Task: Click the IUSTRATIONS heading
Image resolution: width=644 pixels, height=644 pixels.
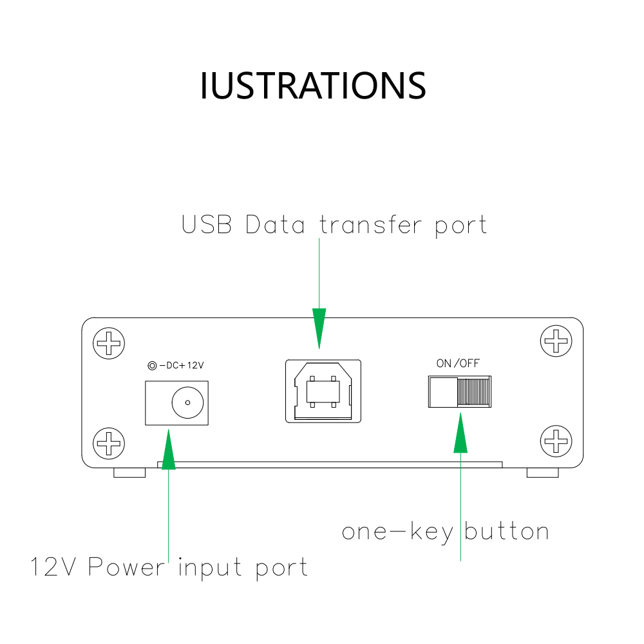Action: click(x=313, y=86)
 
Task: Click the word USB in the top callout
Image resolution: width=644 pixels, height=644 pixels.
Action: click(x=207, y=224)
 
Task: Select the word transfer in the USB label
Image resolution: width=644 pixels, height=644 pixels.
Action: click(x=370, y=224)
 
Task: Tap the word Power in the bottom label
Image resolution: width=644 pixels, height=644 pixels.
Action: click(x=126, y=567)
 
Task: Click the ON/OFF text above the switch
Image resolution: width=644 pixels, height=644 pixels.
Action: click(x=458, y=363)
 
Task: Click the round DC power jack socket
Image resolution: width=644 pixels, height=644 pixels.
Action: click(x=187, y=402)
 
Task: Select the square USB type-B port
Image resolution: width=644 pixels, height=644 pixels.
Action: click(x=323, y=391)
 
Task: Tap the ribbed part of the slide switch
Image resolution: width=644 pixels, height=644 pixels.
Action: click(x=474, y=392)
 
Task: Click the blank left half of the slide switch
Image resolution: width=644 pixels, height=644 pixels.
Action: click(x=443, y=392)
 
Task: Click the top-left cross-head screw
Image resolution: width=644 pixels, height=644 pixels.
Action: click(x=109, y=343)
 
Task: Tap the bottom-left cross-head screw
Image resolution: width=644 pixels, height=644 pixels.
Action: click(x=109, y=444)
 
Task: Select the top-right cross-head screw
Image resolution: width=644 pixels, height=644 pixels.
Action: click(x=556, y=341)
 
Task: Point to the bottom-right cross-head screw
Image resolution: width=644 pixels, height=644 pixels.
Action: click(x=556, y=441)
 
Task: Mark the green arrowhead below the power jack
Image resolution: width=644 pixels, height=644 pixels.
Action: click(x=168, y=450)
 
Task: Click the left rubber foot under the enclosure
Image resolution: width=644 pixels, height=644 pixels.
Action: click(x=129, y=473)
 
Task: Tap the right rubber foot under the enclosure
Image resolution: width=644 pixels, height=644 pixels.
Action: click(x=542, y=473)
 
